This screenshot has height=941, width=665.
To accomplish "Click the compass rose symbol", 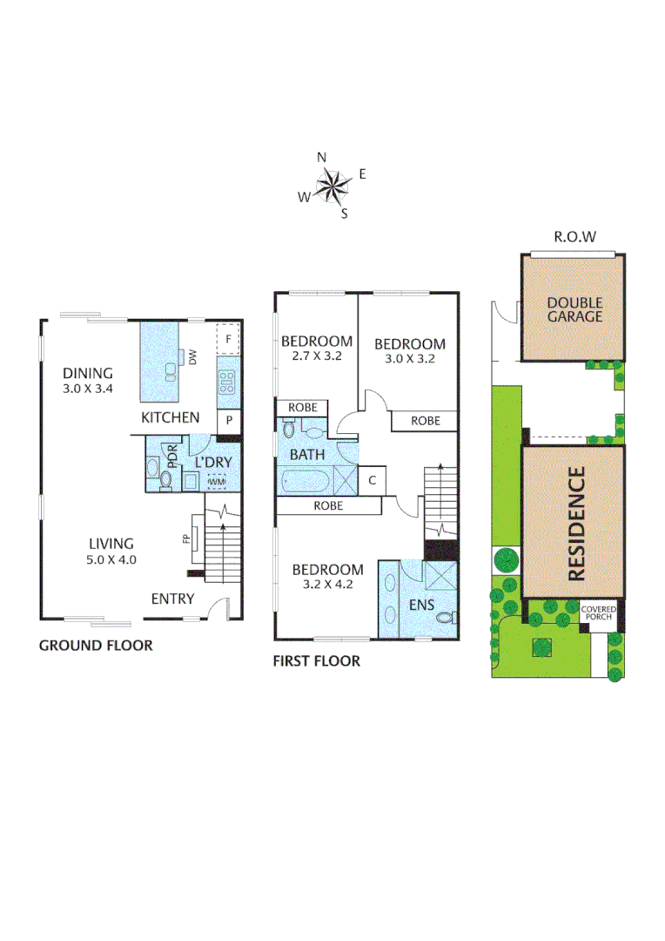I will point(331,185).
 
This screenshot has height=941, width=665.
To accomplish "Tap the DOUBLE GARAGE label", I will point(574,309).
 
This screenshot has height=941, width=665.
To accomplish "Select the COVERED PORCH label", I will point(599,613).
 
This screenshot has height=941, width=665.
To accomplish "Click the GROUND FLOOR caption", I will point(96,646).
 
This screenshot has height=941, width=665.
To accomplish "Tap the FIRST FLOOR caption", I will point(317,661).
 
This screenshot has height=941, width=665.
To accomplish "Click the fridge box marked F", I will point(228,339).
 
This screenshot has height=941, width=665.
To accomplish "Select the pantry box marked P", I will point(229,420).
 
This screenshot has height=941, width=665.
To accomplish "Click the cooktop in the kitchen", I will point(228,380).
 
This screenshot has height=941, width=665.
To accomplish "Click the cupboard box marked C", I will point(373,480).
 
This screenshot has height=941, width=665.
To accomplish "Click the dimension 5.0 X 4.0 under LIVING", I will point(111,559).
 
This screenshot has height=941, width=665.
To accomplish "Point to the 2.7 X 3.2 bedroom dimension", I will point(316,356).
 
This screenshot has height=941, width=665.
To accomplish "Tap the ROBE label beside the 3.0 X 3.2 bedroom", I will point(426,421).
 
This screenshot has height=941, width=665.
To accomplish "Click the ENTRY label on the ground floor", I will point(172,599).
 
